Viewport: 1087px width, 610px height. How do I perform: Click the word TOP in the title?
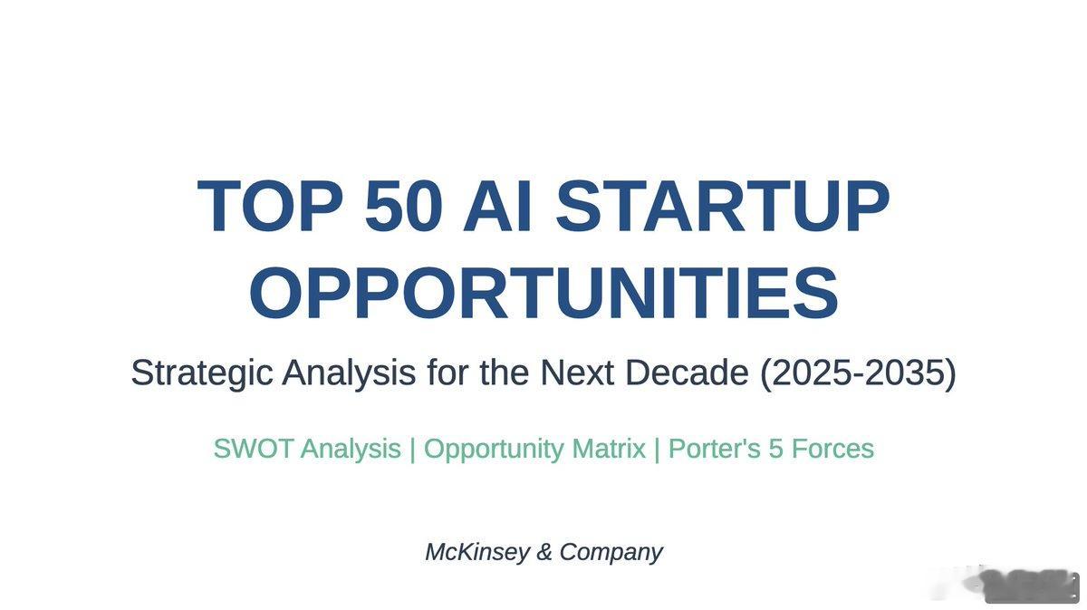coord(270,206)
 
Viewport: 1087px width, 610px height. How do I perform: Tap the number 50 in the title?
coord(404,206)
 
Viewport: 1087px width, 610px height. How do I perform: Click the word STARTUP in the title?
coord(723,206)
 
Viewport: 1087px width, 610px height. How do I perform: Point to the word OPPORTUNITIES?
coord(544,293)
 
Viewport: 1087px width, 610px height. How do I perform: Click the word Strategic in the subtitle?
coord(201,373)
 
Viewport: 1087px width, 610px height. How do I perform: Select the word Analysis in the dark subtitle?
coord(349,373)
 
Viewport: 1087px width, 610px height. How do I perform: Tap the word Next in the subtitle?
coord(577,373)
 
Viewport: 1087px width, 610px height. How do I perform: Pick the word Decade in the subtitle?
coord(687,373)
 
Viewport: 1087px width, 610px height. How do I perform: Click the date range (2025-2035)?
coord(858,373)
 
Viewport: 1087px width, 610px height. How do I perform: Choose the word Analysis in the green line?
coord(351,450)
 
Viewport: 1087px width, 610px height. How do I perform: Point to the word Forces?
coord(832,449)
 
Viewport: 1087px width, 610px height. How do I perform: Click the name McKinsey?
coord(477,553)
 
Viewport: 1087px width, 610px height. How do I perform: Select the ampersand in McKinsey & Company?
coord(544,552)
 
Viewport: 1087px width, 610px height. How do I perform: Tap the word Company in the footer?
coord(611,553)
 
